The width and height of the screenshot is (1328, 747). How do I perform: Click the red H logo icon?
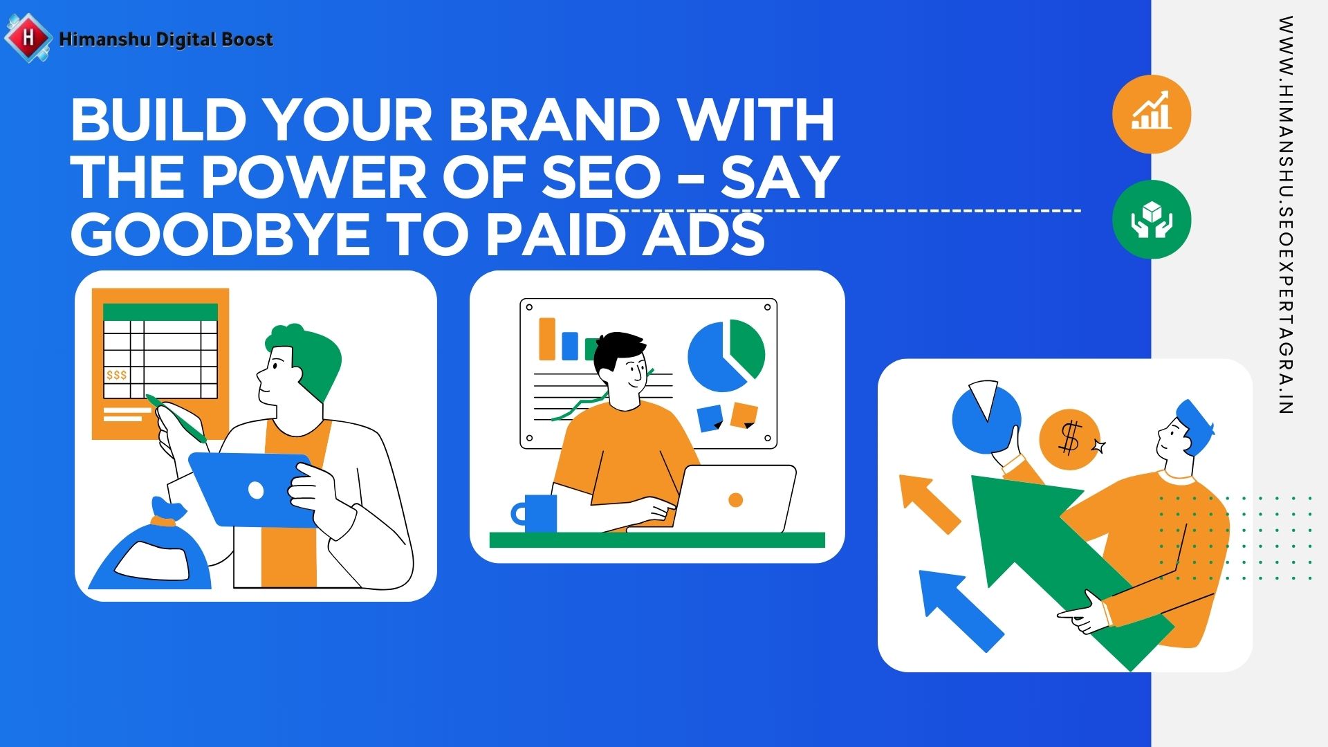click(x=28, y=37)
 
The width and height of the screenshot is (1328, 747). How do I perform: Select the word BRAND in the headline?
click(x=553, y=119)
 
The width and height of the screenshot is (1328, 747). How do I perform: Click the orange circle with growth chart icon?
click(x=1152, y=114)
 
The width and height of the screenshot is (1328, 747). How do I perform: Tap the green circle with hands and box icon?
click(x=1152, y=220)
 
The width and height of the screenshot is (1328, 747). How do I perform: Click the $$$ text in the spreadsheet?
click(x=117, y=375)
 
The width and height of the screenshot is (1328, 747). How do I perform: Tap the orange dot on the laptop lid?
click(x=736, y=500)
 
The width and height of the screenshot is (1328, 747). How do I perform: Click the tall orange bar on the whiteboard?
click(x=547, y=339)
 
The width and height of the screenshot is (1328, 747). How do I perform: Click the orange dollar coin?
click(x=1069, y=440)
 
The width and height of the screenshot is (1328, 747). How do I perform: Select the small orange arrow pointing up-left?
click(x=929, y=504)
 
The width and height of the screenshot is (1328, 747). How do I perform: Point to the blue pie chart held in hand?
click(x=986, y=418)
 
